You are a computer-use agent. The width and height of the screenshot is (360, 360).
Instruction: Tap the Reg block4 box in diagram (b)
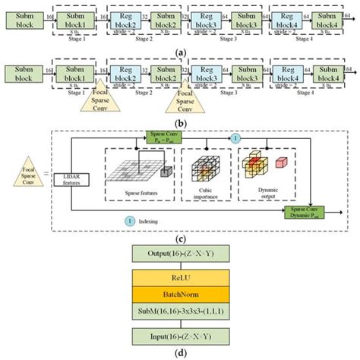284,75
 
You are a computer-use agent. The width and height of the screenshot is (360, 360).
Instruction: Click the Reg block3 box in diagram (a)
205,19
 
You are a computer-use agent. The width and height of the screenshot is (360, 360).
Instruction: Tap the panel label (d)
180,352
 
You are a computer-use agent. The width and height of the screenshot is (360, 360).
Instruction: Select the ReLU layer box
180,277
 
